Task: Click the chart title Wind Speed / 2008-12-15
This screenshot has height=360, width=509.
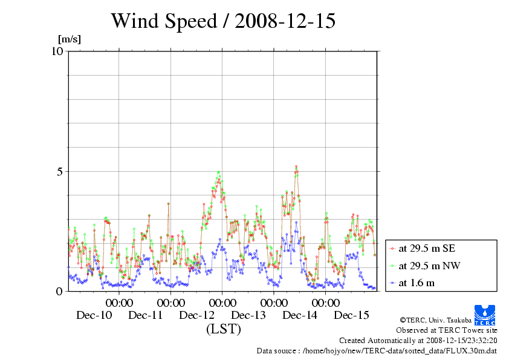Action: [x=223, y=21]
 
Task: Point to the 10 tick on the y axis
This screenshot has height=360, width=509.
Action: [x=57, y=51]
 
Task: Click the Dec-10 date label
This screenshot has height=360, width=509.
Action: [x=94, y=315]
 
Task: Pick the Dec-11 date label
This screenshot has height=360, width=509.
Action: [x=146, y=315]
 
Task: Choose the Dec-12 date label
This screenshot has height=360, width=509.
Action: [x=197, y=315]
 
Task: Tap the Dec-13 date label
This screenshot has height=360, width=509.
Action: [x=248, y=315]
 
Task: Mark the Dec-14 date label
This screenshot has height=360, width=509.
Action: [x=300, y=315]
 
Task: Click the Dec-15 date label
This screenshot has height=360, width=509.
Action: [x=352, y=315]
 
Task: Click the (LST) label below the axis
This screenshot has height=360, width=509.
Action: [x=223, y=329]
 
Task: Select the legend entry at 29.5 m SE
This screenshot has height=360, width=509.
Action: [x=427, y=248]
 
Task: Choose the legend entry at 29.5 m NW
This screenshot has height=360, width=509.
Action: [x=427, y=265]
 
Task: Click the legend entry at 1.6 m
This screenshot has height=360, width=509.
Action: [x=417, y=283]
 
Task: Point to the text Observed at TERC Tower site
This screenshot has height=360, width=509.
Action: [x=446, y=330]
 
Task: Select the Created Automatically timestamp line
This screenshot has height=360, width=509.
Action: [x=418, y=341]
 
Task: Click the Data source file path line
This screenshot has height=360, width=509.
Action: [x=377, y=351]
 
